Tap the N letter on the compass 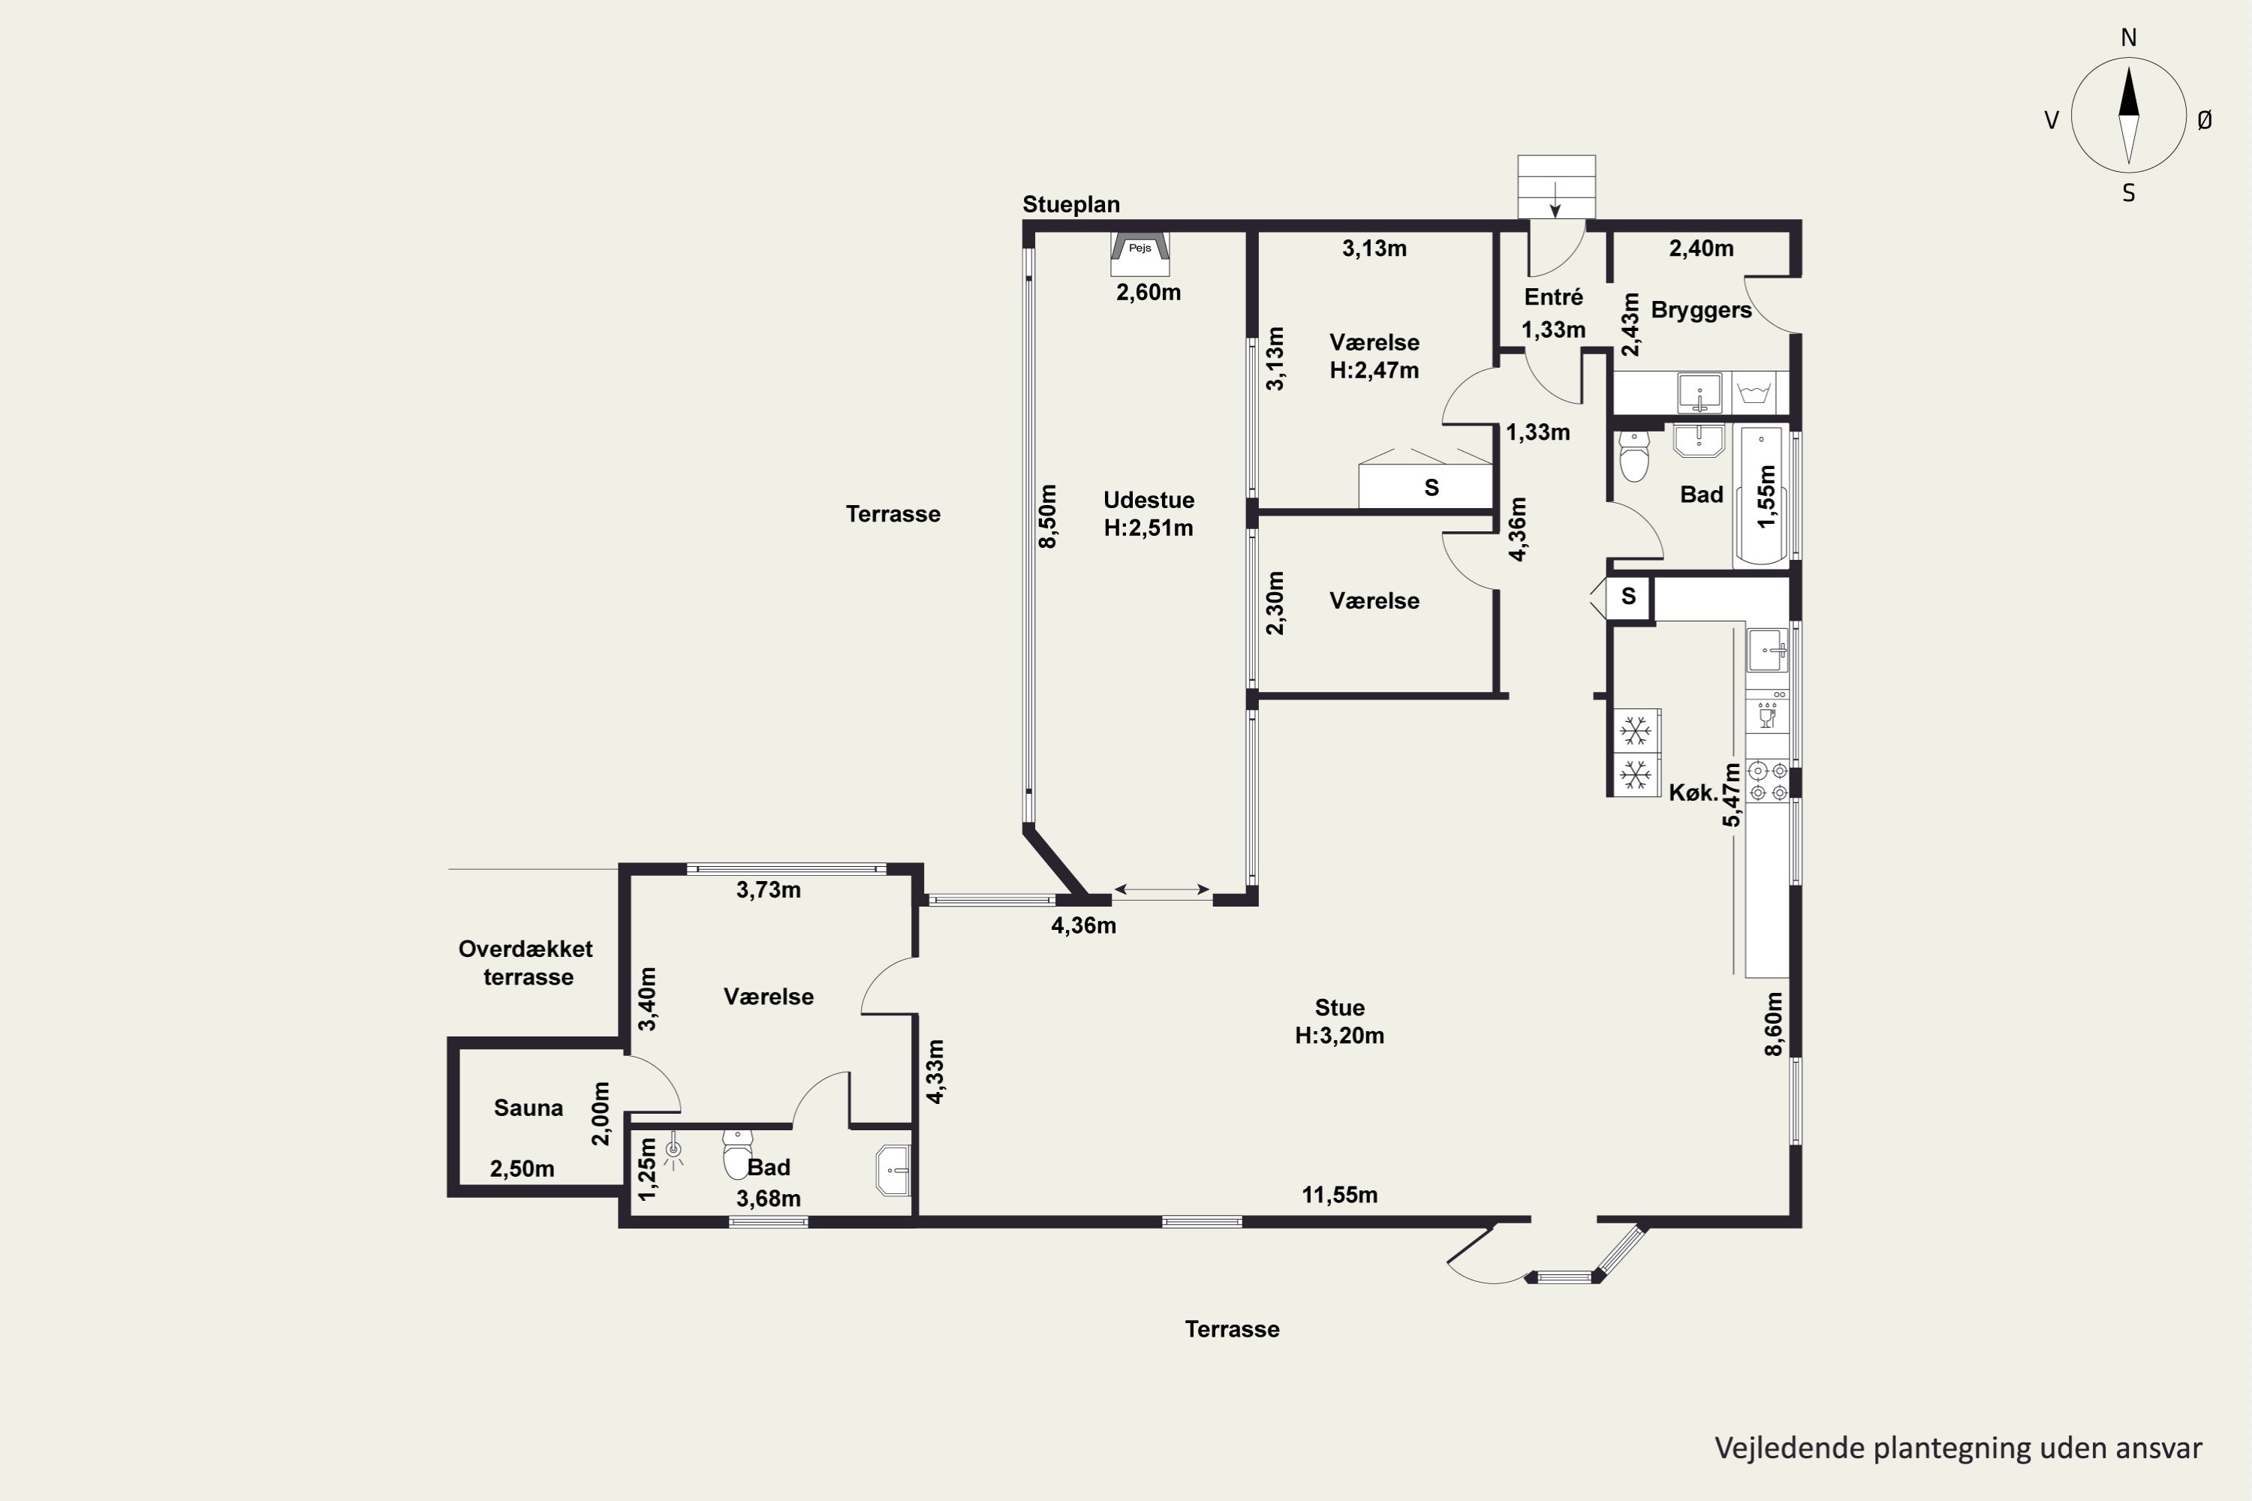tap(2128, 38)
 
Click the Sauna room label tap(528, 1108)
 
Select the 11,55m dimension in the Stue tap(1339, 1195)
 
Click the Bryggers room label tap(1702, 310)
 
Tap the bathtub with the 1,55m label tap(1763, 496)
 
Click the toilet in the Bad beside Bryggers tap(1633, 456)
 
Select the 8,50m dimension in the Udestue tap(1049, 516)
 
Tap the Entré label tap(1553, 296)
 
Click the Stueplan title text tap(1070, 204)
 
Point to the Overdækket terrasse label tap(525, 963)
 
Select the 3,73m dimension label tap(768, 889)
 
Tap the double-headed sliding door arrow tap(1161, 890)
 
